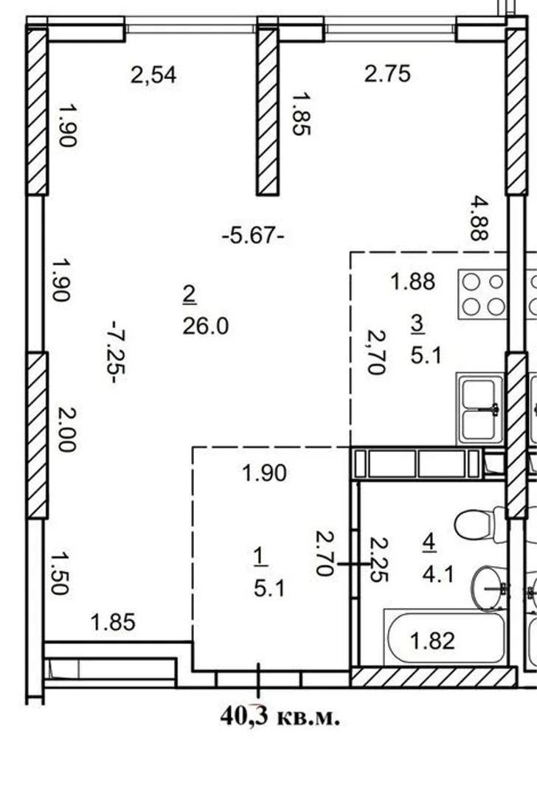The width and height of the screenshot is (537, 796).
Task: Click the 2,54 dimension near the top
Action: click(153, 74)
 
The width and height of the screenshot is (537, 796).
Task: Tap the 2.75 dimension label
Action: click(388, 74)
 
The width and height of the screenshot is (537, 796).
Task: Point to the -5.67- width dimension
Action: click(253, 236)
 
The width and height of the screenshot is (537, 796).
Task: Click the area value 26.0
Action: click(206, 326)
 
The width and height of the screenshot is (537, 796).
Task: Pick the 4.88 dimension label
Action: click(479, 218)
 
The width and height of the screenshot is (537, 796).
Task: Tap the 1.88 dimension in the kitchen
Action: click(412, 282)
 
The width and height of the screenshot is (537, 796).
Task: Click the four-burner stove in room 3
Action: click(482, 294)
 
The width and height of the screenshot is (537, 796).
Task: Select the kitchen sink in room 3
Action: click(480, 408)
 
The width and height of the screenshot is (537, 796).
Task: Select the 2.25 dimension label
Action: click(379, 560)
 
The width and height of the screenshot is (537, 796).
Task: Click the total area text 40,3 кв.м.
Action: click(280, 717)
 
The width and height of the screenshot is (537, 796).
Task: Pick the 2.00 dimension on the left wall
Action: click(67, 430)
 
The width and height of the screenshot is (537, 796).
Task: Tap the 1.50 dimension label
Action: click(60, 573)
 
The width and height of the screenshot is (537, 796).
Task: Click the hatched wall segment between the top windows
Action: click(267, 112)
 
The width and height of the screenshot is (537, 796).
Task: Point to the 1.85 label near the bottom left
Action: click(113, 622)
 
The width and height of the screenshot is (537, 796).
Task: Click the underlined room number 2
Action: click(190, 294)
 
